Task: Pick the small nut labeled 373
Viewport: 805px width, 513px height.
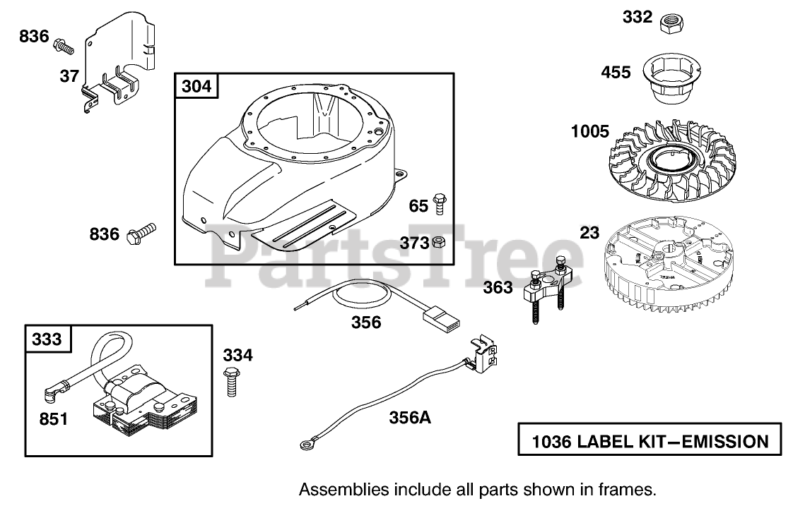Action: [x=437, y=243]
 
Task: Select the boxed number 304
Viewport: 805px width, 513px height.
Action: [x=196, y=87]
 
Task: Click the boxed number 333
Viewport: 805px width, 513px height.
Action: [x=47, y=339]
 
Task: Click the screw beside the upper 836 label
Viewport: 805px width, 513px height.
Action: [x=64, y=46]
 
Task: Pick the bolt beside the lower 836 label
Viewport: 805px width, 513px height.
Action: [x=141, y=235]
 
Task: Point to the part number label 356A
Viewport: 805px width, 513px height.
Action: [x=410, y=418]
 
